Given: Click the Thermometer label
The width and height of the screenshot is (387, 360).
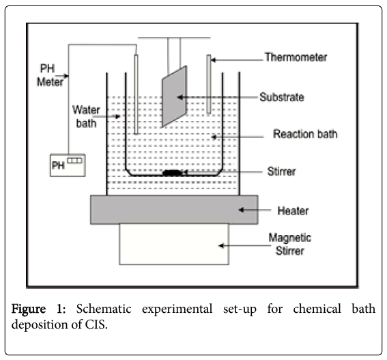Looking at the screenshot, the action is tap(296, 57).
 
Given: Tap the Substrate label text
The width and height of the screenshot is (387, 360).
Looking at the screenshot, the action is tap(282, 97).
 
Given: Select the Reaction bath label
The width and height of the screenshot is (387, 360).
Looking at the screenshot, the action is tap(305, 134).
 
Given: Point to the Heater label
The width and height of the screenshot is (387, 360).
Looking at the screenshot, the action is tap(293, 211).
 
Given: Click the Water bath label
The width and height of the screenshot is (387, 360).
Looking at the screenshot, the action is tap(86, 116).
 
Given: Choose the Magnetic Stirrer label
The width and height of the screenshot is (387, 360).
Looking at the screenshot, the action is tap(290, 244).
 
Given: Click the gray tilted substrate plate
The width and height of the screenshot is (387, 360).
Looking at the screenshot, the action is tap(174, 96).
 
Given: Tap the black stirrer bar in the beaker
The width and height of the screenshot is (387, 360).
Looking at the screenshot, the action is tap(172, 173).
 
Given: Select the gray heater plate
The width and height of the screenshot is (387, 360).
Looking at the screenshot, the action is tap(174, 210).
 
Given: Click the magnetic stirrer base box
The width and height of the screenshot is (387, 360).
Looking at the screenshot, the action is tap(174, 244).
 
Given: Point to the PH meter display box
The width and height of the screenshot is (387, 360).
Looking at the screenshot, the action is tap(68, 165).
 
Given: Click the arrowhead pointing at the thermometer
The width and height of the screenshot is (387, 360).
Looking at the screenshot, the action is tap(214, 60).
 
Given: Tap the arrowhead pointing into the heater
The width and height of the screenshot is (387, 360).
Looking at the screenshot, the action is tap(242, 210).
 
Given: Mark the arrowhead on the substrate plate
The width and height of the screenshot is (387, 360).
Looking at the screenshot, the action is tap(180, 97).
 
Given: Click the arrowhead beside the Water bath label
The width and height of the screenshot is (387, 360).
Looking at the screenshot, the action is tap(118, 116).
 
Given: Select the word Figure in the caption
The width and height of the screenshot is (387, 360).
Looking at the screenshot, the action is tap(29, 309).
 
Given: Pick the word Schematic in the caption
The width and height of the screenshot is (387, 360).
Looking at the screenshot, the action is tap(104, 309).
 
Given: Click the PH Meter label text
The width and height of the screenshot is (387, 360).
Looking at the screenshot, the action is tap(50, 75).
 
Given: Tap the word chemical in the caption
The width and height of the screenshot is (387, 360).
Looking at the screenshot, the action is tap(317, 309).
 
